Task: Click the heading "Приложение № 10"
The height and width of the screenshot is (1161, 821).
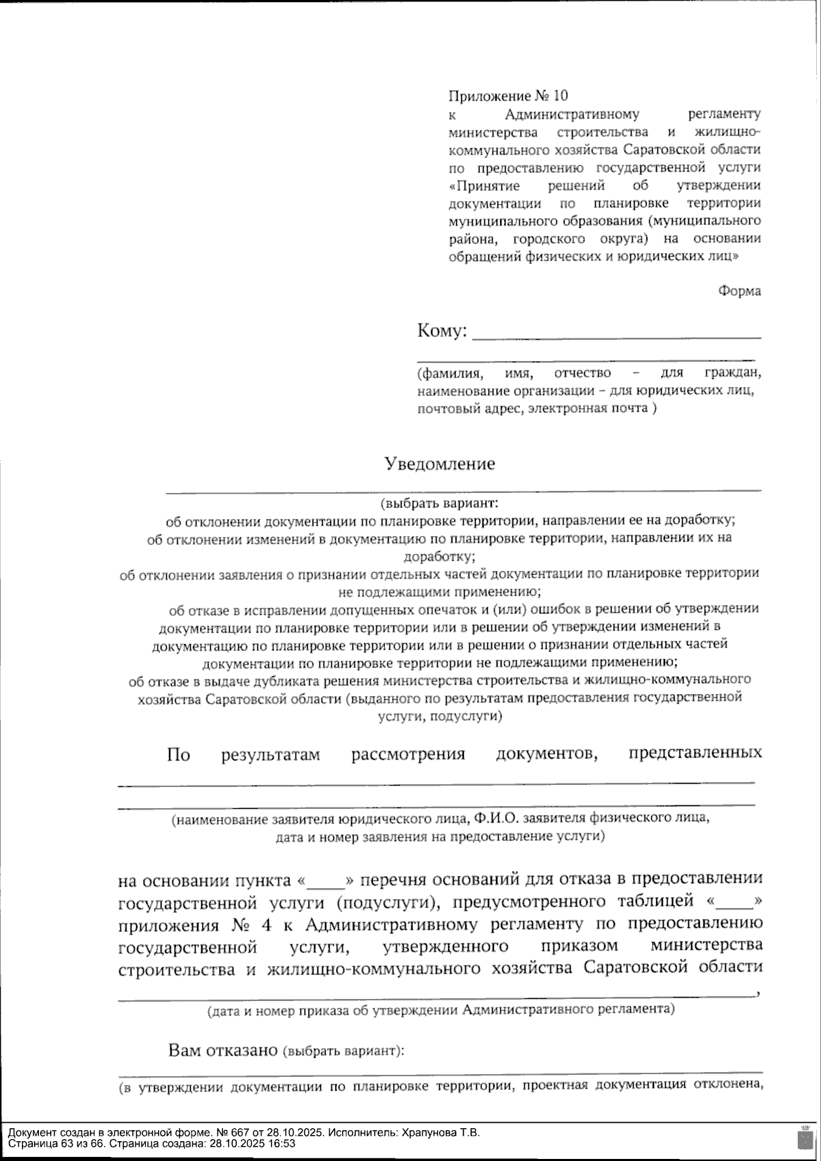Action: coord(508,95)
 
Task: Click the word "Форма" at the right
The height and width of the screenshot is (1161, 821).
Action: coord(739,291)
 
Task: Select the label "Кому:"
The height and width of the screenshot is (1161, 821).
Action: coord(442,332)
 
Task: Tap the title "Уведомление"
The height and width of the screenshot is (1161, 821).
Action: coord(440,464)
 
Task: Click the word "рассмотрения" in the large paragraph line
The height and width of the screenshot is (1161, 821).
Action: coord(408,755)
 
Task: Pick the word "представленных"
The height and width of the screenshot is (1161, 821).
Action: coord(694,753)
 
